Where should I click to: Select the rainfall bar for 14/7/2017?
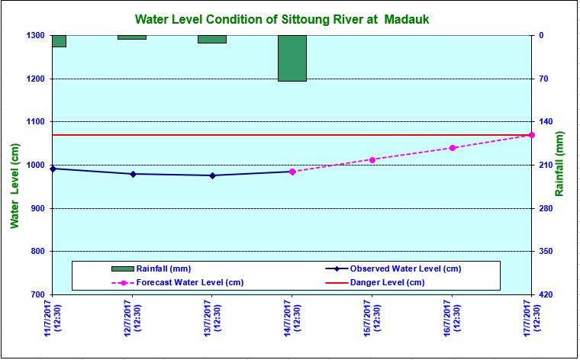pos(292,58)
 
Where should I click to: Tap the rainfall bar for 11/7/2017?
pos(58,41)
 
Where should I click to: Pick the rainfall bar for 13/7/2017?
pos(212,39)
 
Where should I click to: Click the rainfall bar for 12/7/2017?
pos(132,37)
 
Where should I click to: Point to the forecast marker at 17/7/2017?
pos(532,135)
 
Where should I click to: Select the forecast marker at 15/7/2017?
pos(372,159)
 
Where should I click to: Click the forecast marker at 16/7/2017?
pos(453,148)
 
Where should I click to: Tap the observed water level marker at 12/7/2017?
pos(133,174)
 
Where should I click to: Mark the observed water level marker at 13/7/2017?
pos(213,175)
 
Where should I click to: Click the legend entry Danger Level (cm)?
pos(387,282)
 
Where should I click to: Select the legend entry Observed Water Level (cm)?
pos(404,268)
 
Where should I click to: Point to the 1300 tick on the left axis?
pos(35,35)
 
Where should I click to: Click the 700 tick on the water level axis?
pos(37,294)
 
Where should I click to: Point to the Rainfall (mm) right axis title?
pos(560,163)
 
